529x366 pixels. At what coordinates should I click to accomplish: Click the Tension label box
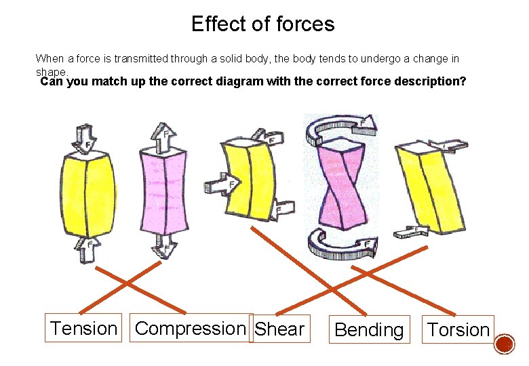coord(83,329)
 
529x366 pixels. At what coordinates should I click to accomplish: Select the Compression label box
coord(190,328)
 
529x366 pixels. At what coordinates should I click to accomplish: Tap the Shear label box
coord(279,329)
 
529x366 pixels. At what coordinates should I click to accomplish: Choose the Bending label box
coord(369,330)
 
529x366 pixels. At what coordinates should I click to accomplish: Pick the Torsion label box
coord(458,330)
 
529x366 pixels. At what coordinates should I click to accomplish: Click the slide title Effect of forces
coord(262,24)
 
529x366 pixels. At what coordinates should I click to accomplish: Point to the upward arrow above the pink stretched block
coord(163,136)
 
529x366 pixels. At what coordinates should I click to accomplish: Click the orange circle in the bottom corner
coord(504,346)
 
